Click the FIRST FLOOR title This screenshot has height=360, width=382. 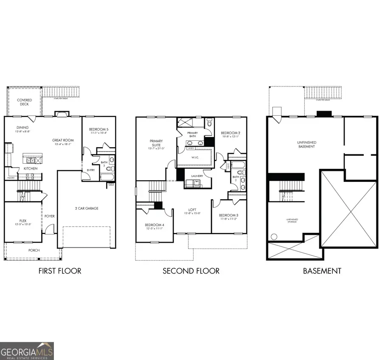pos(59,271)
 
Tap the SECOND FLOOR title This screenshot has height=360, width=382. pos(191,271)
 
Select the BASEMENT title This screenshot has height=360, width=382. pos(322,271)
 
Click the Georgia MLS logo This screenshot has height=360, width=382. pos(27,351)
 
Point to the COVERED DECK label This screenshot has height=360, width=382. pos(24,102)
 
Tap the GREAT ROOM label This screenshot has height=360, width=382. pos(63,140)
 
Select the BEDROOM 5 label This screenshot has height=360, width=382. pos(98,130)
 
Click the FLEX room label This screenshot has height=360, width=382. pos(22,221)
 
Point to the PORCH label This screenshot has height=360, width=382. pos(34,250)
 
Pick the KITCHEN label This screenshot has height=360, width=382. pos(31,168)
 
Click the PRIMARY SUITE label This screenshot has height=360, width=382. pos(156,143)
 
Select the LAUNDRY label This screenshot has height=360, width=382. pos(197,176)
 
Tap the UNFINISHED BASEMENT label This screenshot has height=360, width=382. pos(306,144)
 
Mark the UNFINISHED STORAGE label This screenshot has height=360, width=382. pos(291,221)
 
